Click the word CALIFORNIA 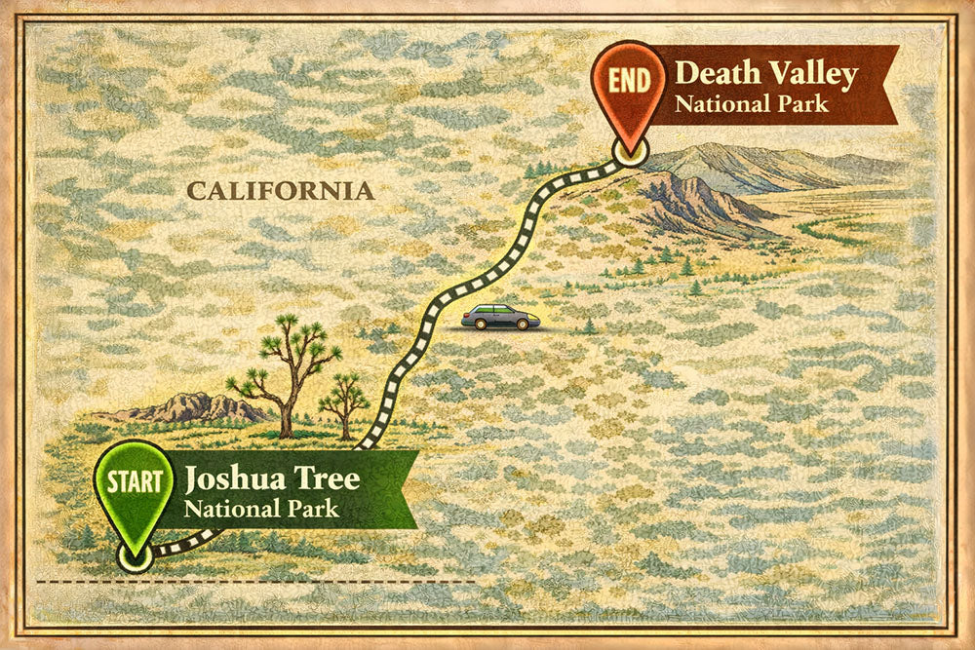pos(280,191)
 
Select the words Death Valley pos(766,73)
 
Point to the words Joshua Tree pos(272,478)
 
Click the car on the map pos(500,317)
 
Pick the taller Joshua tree pos(289,365)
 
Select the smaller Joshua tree pos(344,400)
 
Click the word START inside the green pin pos(134,480)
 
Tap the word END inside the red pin pos(629,80)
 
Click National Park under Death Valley pos(752,102)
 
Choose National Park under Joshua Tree pos(261,508)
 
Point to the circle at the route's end pos(630,151)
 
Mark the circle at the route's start pos(135,555)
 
